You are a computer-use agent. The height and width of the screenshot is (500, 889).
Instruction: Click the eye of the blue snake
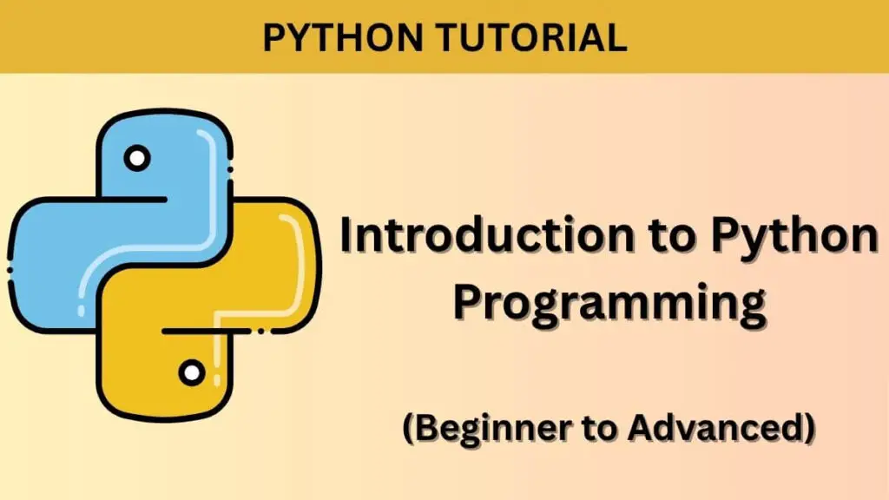tap(136, 159)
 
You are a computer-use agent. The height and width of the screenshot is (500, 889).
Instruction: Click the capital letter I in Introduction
tap(346, 236)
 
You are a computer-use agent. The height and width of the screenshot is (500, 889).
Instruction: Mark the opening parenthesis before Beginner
tap(407, 428)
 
